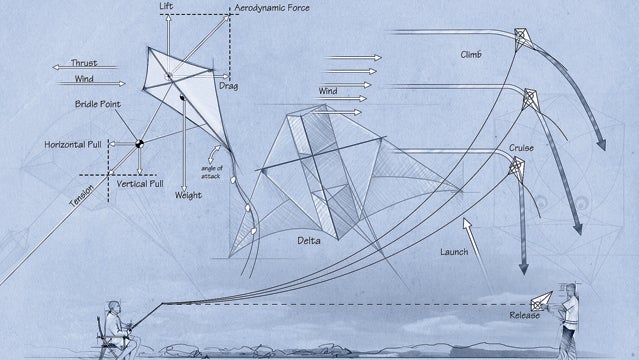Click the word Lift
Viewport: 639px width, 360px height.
[167, 7]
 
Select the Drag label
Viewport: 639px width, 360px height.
[229, 85]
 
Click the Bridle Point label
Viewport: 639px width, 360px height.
[97, 104]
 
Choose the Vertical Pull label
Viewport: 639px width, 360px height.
[141, 184]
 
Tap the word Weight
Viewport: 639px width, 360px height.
[187, 196]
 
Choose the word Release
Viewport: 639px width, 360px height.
[525, 315]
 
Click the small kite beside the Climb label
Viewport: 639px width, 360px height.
[522, 39]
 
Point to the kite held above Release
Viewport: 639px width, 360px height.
[541, 299]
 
